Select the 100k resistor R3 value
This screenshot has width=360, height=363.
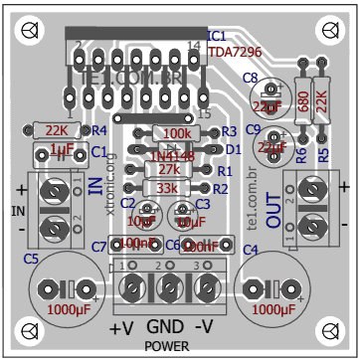pyautogui.click(x=176, y=133)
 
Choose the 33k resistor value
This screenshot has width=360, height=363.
pyautogui.click(x=167, y=188)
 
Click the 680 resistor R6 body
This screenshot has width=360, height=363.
pyautogui.click(x=302, y=102)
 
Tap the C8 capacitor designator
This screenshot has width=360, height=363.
pyautogui.click(x=250, y=78)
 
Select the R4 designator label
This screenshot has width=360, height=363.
pyautogui.click(x=98, y=130)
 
